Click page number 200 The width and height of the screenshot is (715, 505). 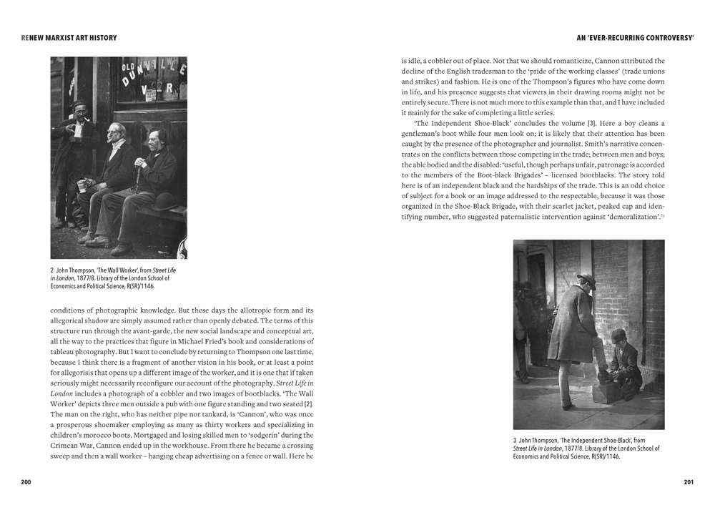coord(26,482)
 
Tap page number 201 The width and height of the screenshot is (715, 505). coord(688,482)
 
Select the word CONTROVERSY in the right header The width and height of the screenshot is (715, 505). coord(664,38)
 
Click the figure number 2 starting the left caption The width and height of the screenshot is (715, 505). coord(52,270)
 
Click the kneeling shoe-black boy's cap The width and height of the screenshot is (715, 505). coord(619,335)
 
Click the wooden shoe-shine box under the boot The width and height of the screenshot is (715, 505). coord(607,393)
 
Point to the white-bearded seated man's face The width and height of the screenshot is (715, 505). coord(117,134)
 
